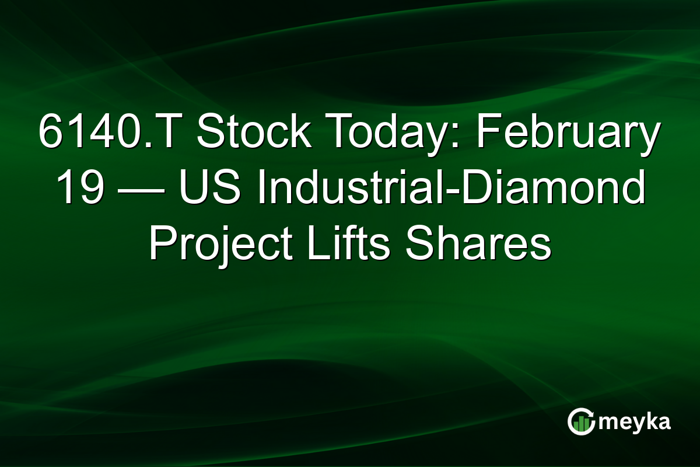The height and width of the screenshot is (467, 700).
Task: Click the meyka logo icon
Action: tap(580, 421)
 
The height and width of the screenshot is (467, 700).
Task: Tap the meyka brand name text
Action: tap(633, 421)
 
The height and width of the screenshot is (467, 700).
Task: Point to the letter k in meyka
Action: tap(647, 420)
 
